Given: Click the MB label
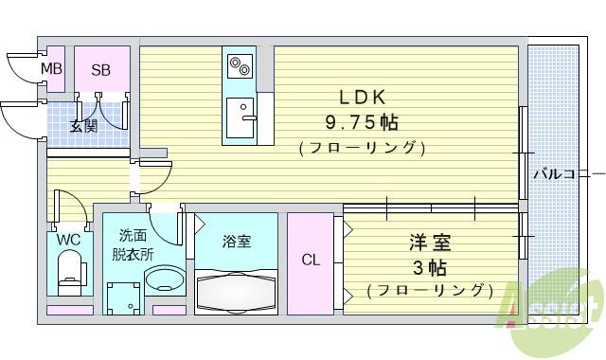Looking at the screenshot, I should [x=51, y=69].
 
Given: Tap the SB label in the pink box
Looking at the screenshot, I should [x=101, y=69].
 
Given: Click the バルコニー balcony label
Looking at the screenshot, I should [x=566, y=174].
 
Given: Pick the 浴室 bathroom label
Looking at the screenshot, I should [x=237, y=242].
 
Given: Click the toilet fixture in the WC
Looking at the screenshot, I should [x=70, y=276].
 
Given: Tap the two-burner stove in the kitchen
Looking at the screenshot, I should [x=238, y=67].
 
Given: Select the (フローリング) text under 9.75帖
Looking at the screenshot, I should [x=360, y=148].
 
